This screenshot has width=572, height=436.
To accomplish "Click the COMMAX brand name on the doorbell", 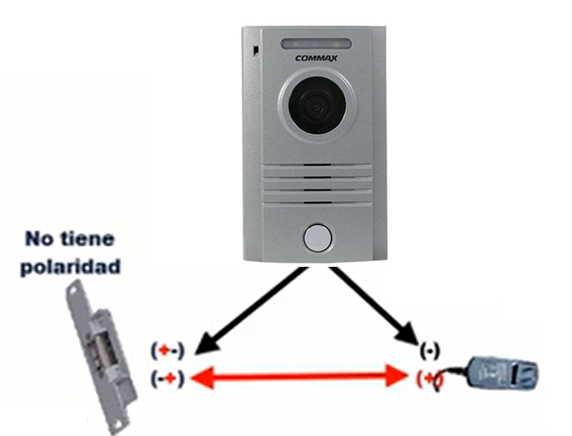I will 316,58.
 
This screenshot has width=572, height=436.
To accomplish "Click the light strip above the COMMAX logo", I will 316,43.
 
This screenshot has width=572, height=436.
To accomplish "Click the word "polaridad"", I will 73,264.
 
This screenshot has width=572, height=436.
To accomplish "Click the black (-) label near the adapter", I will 428,351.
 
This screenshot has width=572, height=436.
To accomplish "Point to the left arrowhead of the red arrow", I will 203,377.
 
